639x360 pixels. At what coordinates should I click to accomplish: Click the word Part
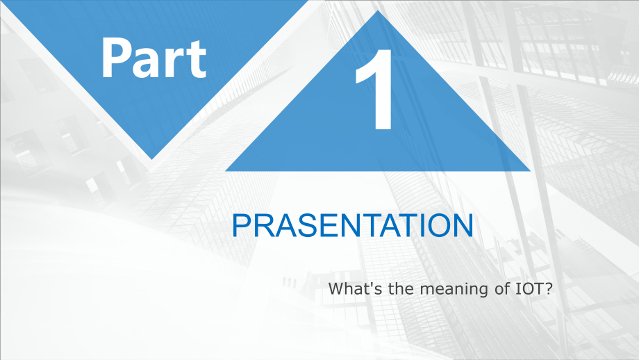pos(153,58)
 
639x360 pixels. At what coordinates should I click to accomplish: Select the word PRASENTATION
pos(353,225)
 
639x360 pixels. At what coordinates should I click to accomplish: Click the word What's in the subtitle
pos(356,288)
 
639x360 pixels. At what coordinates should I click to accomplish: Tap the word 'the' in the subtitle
pos(401,288)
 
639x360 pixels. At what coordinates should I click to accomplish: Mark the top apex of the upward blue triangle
pos(378,10)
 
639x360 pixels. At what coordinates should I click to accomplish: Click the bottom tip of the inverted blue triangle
pos(152,159)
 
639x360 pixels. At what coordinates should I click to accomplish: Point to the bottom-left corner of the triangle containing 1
pos(225,171)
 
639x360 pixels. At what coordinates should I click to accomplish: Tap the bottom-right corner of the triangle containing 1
pos(531,171)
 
